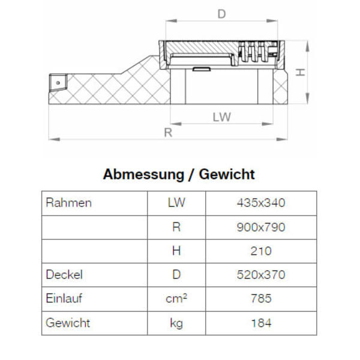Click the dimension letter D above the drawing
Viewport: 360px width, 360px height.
221,13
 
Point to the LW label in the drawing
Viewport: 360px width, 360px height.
221,117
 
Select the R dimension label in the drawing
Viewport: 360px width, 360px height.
169,133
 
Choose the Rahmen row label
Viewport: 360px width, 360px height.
68,203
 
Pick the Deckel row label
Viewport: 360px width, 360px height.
64,275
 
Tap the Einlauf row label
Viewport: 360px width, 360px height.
64,298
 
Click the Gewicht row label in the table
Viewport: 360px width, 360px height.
68,323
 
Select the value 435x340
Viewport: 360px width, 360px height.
261,203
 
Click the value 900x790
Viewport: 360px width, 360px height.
261,227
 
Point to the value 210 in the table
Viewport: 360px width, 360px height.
261,251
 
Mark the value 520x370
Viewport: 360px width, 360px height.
261,275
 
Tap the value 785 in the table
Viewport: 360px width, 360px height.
261,298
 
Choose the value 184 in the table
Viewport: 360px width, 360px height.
261,323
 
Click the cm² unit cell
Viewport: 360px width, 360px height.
176,298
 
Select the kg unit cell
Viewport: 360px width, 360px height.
176,323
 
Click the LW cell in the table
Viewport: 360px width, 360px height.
176,203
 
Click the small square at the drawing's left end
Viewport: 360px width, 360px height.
58,80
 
